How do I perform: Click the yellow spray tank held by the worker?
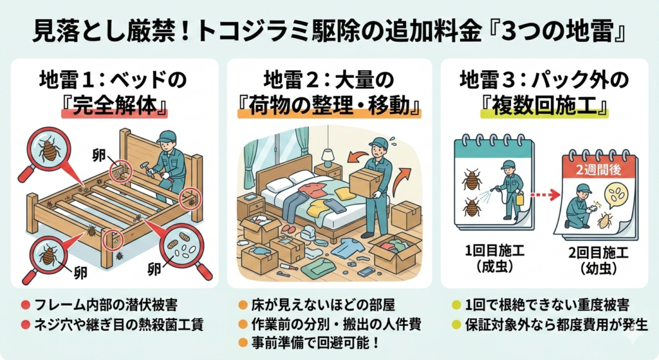[x=519, y=198]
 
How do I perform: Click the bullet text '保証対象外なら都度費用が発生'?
[x=555, y=323]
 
